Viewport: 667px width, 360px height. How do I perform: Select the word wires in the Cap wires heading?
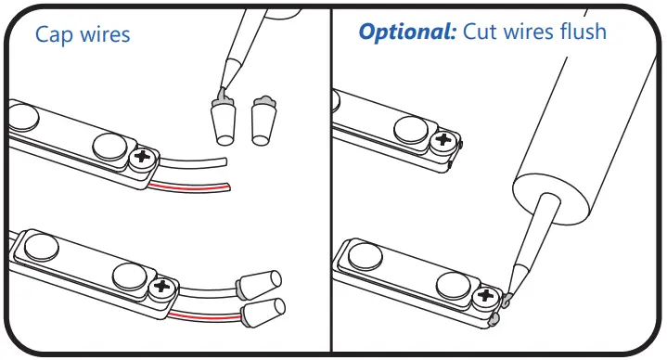click(x=104, y=34)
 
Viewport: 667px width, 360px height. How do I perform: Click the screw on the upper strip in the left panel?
click(x=143, y=157)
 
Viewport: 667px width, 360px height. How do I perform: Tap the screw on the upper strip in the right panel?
click(x=444, y=142)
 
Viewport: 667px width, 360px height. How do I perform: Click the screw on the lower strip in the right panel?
click(x=483, y=299)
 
